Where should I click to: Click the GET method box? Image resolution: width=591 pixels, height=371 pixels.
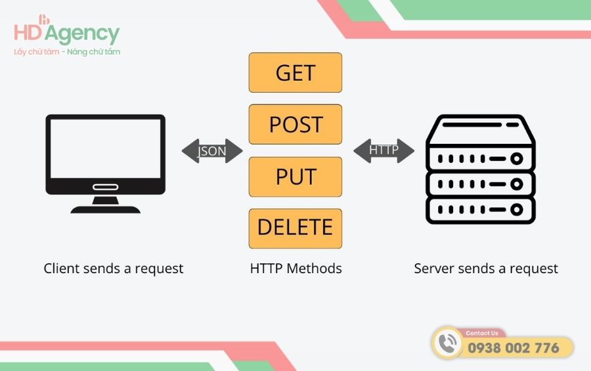[x=295, y=72]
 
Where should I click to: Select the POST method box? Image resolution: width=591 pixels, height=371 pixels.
[x=295, y=124]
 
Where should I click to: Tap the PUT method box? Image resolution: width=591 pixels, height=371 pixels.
[x=295, y=177]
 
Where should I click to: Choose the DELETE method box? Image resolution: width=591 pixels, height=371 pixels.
[x=295, y=228]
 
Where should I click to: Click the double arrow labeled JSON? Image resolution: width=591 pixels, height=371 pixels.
[x=212, y=151]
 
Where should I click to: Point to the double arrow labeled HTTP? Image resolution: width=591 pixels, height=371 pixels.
[x=383, y=150]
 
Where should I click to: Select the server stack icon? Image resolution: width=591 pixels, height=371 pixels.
[x=481, y=169]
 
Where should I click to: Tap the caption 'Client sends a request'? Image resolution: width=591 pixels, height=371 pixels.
[x=114, y=269]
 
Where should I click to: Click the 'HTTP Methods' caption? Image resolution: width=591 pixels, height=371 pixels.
[x=295, y=269]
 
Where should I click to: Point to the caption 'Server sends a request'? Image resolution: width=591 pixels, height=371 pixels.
[x=486, y=269]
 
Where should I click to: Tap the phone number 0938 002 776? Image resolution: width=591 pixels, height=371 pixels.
[x=513, y=348]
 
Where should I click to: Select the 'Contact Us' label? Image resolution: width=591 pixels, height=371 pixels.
[x=481, y=334]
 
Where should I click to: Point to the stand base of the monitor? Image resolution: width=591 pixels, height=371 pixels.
[x=105, y=209]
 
